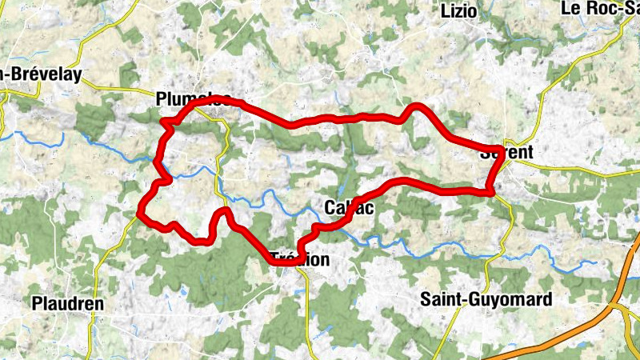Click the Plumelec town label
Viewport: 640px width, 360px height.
pyautogui.click(x=195, y=99)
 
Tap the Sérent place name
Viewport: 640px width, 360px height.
pyautogui.click(x=506, y=152)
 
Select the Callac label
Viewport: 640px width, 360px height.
pyautogui.click(x=350, y=208)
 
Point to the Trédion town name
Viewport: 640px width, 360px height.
pyautogui.click(x=300, y=259)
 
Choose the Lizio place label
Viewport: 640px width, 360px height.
pyautogui.click(x=459, y=10)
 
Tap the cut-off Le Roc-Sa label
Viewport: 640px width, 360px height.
pyautogui.click(x=600, y=9)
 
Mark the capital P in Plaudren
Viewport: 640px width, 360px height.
pyautogui.click(x=37, y=303)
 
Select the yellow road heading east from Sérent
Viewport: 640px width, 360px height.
pyautogui.click(x=576, y=170)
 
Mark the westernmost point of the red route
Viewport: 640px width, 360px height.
pyautogui.click(x=140, y=213)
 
